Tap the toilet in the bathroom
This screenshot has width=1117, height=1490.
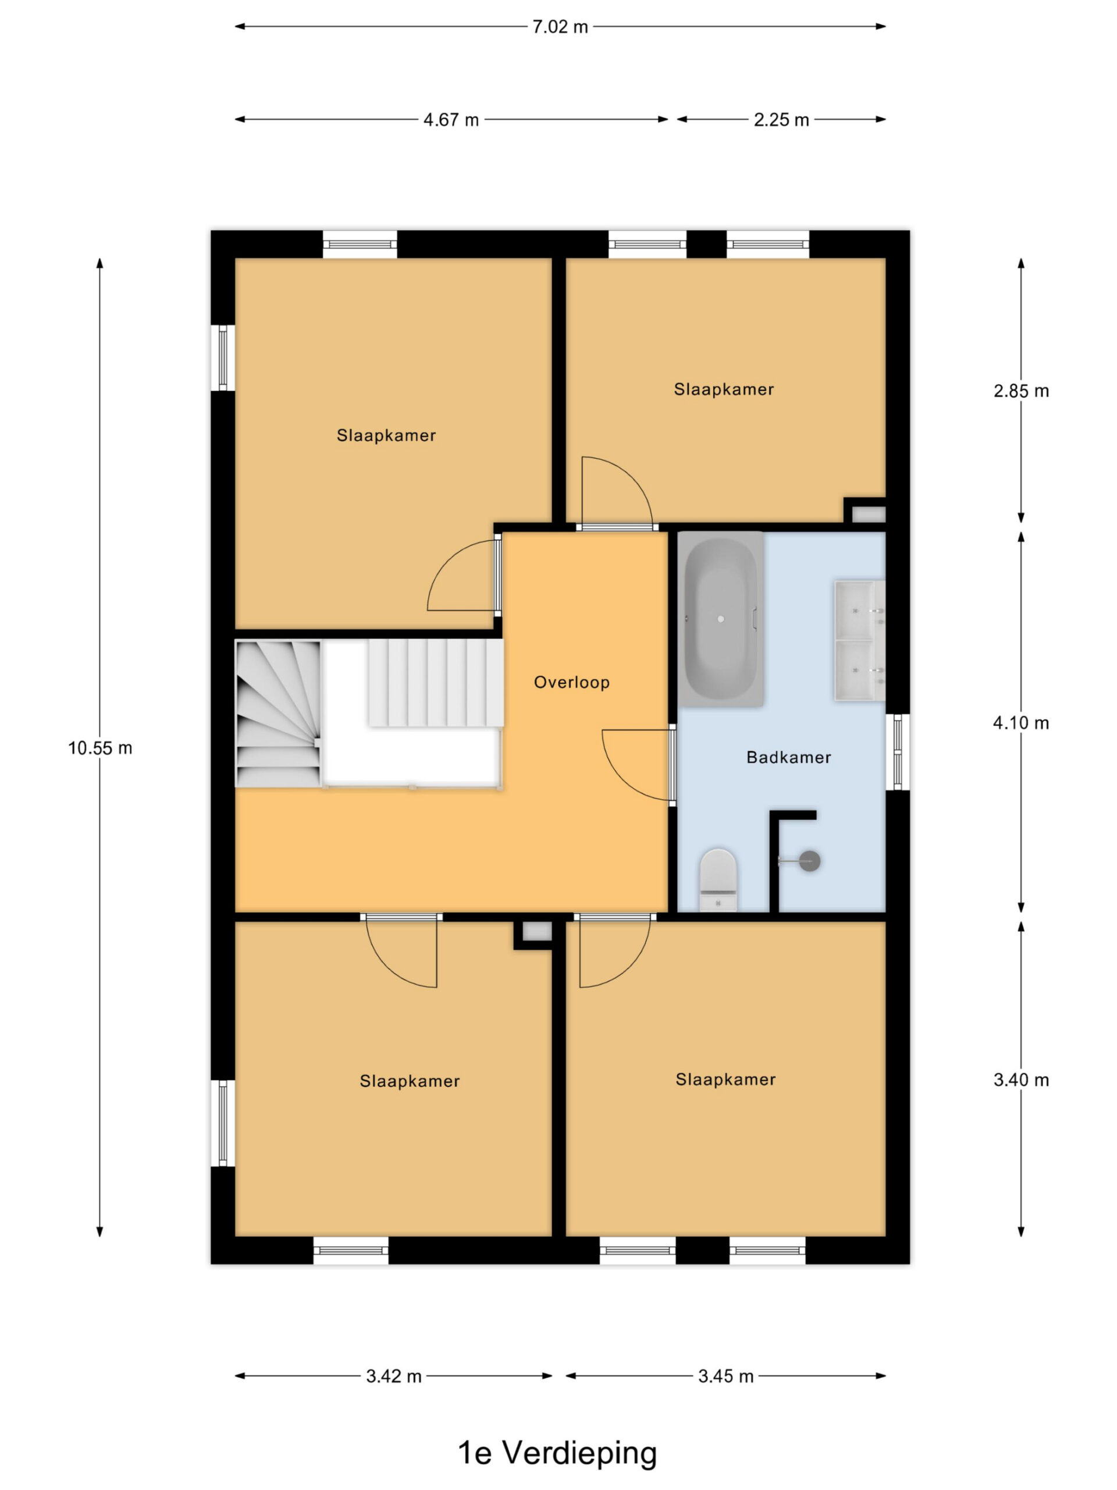718,879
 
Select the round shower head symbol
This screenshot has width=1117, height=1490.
809,860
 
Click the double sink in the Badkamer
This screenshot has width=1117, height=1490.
860,641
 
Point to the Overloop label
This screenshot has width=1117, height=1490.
572,682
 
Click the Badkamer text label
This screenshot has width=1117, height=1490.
788,757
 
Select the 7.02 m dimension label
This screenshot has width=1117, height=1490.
560,27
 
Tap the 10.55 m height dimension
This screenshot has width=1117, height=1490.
99,748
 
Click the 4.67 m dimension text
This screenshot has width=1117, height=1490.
451,120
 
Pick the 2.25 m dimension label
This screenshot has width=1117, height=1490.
781,120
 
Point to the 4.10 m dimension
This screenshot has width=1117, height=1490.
1021,723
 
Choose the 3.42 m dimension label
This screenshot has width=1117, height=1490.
394,1376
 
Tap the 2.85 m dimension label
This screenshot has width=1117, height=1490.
1021,391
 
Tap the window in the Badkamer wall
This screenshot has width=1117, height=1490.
898,752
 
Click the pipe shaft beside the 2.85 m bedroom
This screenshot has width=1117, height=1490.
869,515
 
